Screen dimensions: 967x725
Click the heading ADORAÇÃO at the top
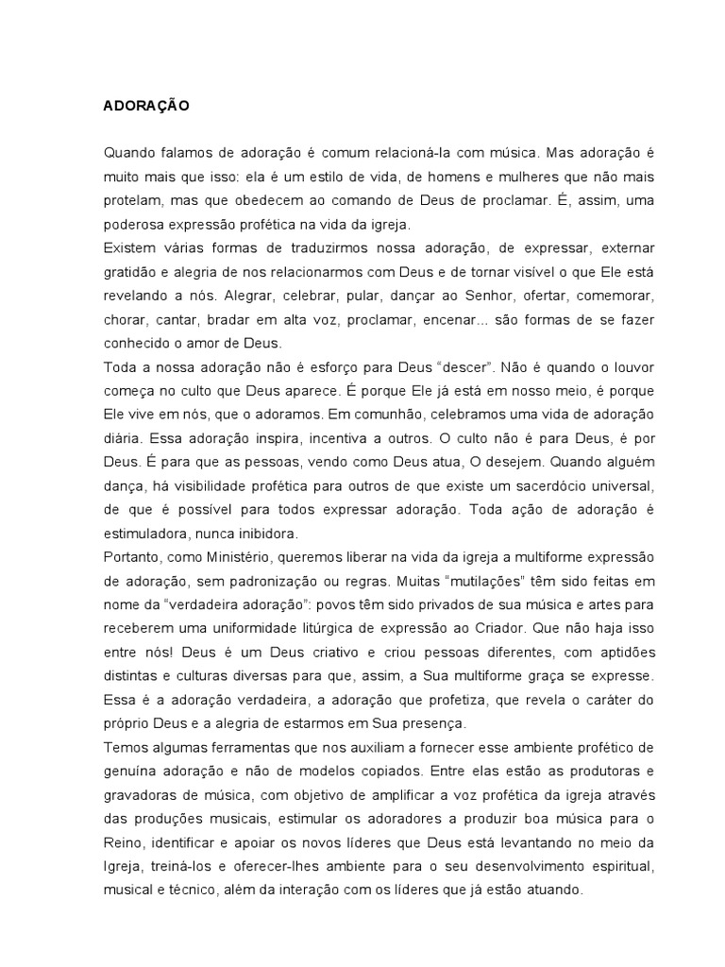point(146,107)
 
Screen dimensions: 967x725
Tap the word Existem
point(129,247)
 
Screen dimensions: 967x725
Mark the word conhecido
point(137,343)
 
